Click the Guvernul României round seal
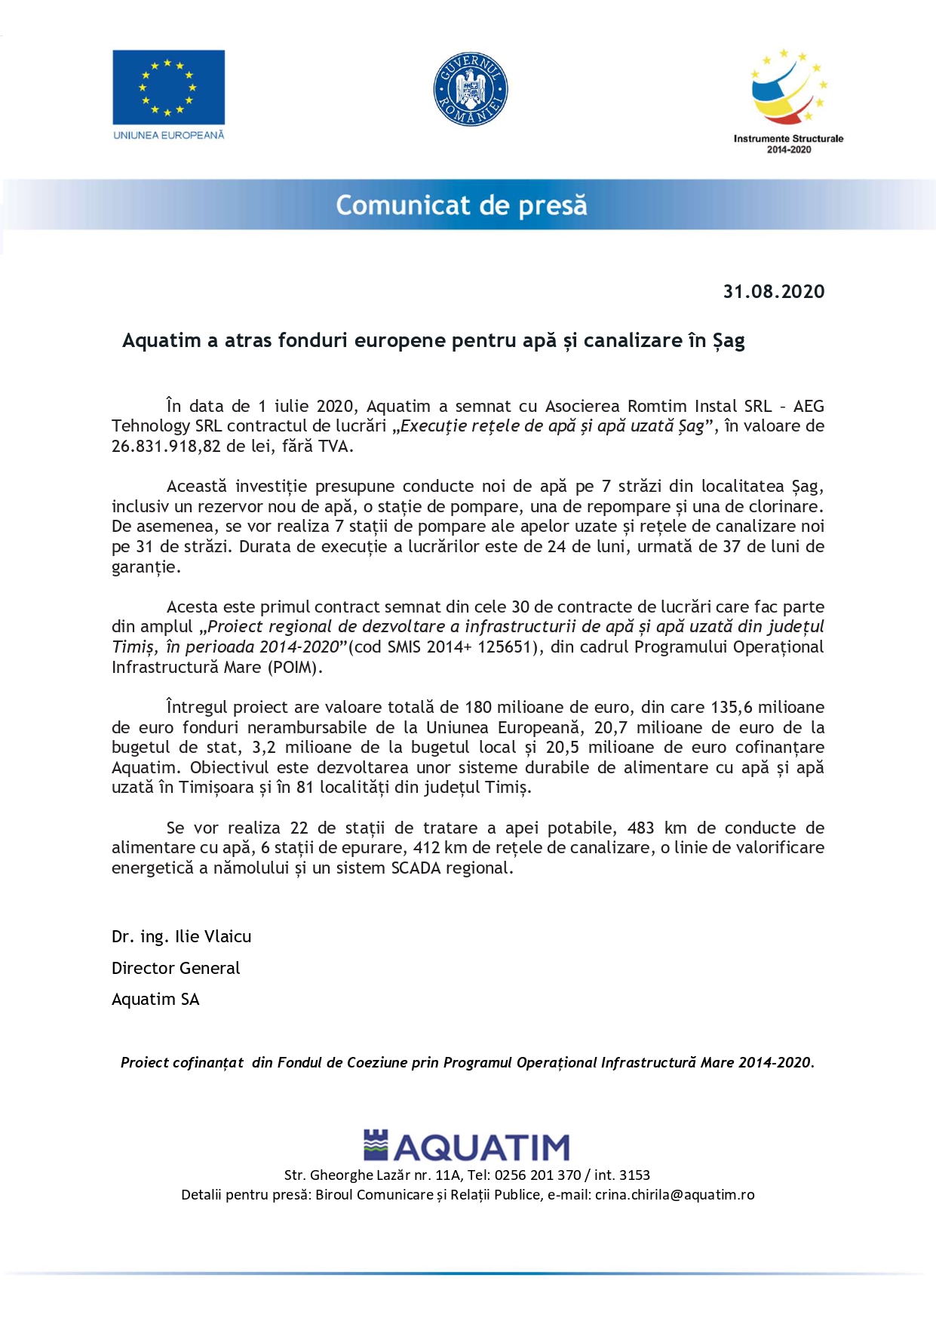[x=471, y=89]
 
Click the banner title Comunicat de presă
[x=461, y=205]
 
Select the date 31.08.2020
[x=774, y=292]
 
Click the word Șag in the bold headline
[x=729, y=341]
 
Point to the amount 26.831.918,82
[x=167, y=446]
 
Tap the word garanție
[x=145, y=567]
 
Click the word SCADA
[x=416, y=868]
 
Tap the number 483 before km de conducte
[x=640, y=828]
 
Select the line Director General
[x=176, y=969]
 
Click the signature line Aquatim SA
[x=155, y=1000]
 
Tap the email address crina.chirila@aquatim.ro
[x=674, y=1195]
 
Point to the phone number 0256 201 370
[x=538, y=1175]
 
